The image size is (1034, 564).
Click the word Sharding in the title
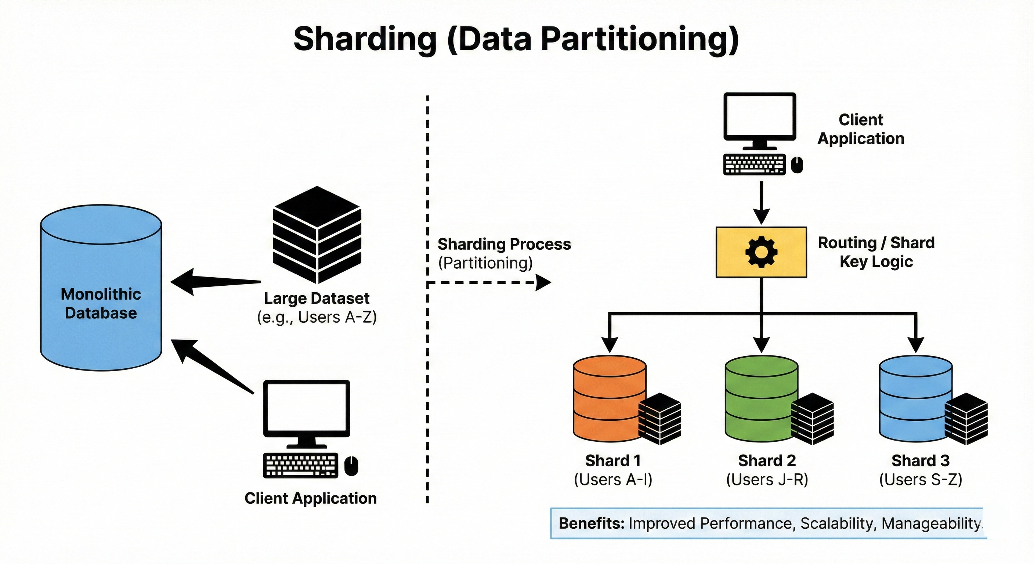(x=365, y=39)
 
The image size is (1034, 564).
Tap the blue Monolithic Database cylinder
(x=101, y=288)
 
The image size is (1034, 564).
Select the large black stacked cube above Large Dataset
(x=317, y=235)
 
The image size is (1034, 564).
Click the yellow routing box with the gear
(x=762, y=252)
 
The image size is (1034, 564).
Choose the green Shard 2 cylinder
(x=762, y=399)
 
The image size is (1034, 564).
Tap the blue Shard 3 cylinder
(x=916, y=399)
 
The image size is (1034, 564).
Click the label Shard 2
(x=767, y=460)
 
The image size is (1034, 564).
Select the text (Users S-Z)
(x=921, y=480)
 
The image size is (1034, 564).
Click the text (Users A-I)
(x=613, y=480)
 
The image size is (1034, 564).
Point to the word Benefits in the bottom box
(x=592, y=524)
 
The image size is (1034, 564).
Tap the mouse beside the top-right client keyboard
(x=797, y=164)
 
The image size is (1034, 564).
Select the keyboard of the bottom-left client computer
(x=300, y=466)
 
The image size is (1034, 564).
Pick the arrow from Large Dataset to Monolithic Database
(x=216, y=281)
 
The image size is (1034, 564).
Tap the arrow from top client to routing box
(x=762, y=203)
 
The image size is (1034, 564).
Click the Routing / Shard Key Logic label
(x=876, y=252)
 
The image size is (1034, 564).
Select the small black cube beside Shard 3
(x=966, y=419)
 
